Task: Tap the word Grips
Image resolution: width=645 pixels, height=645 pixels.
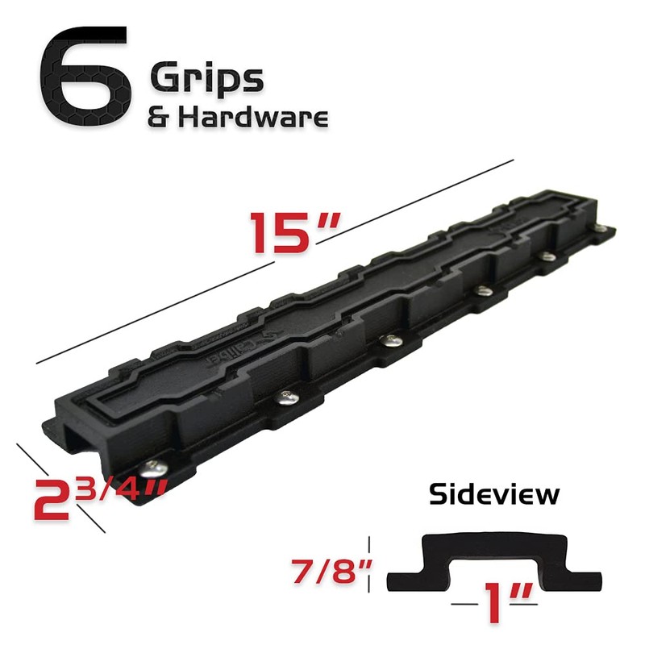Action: click(206, 79)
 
